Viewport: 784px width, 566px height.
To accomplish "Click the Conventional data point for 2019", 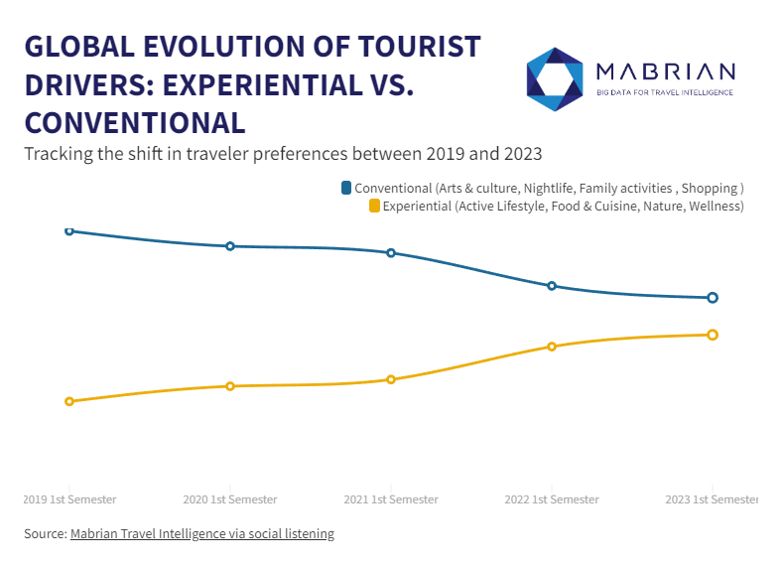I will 69,230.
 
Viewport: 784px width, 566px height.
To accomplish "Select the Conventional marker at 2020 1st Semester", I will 230,246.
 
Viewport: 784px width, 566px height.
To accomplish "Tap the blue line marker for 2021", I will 391,253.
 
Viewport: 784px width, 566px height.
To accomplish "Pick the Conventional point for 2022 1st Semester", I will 552,286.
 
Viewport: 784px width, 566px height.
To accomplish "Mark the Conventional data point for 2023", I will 713,298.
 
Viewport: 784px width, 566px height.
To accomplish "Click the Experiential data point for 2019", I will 69,401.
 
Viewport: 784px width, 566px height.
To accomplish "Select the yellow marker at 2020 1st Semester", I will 230,386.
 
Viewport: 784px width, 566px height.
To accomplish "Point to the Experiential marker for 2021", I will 391,379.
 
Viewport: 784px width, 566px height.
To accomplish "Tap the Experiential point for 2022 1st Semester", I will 552,347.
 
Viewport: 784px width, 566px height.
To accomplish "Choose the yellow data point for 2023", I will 713,335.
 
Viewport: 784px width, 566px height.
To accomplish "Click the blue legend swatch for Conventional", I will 346,188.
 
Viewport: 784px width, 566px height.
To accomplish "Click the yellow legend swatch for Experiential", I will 374,206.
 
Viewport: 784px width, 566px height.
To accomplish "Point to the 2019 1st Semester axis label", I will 69,499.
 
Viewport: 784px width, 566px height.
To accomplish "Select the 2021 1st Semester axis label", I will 391,499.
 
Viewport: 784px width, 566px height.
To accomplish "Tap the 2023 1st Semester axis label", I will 712,499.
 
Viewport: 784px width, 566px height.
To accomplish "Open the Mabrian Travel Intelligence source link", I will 201,534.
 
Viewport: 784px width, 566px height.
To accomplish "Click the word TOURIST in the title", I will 414,48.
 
